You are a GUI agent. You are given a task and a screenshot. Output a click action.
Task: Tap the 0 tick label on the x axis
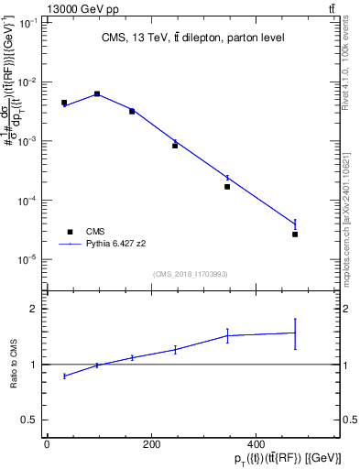click(x=47, y=443)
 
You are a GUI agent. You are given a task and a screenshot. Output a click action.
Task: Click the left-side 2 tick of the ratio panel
click(x=35, y=309)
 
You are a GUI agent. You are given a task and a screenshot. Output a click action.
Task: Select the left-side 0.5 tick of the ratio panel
click(x=31, y=420)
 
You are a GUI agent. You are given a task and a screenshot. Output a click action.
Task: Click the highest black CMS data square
click(x=97, y=94)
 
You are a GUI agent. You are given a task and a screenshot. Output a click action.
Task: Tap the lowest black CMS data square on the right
click(x=295, y=234)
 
